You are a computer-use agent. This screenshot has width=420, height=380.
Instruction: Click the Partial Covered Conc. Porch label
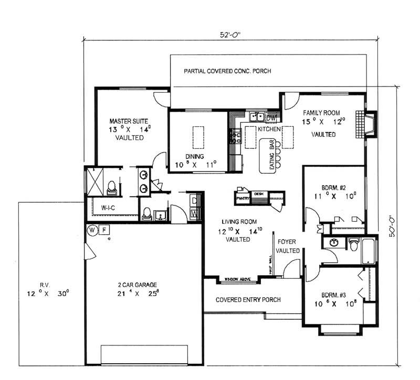[x=227, y=71]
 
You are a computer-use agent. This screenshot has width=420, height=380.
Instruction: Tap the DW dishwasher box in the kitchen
[x=272, y=116]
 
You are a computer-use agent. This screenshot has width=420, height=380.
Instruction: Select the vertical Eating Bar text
[x=272, y=156]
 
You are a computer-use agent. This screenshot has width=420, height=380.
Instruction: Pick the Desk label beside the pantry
[x=258, y=193]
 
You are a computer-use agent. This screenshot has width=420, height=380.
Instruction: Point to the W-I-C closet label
[x=109, y=208]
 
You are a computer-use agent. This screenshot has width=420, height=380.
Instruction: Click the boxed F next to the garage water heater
[x=103, y=230]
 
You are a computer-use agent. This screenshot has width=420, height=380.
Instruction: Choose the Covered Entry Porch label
[x=248, y=300]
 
